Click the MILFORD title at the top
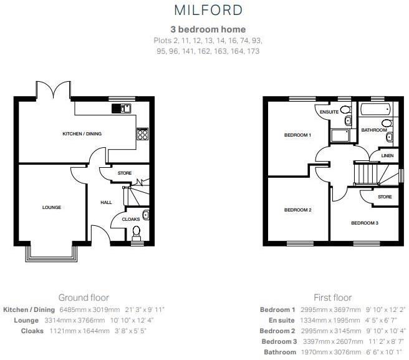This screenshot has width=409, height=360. click(x=208, y=11)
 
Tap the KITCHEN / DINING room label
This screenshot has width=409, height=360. click(x=82, y=134)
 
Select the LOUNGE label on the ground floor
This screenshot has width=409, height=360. click(x=52, y=207)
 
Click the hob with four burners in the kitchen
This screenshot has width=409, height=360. click(x=143, y=133)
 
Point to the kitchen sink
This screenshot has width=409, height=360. click(x=122, y=109)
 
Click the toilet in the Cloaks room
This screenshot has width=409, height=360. click(x=137, y=233)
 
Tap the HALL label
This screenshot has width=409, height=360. click(x=106, y=202)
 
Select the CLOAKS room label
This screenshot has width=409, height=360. click(x=131, y=219)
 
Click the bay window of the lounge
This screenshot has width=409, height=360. click(x=52, y=252)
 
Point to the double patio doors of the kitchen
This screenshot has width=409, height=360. click(x=53, y=90)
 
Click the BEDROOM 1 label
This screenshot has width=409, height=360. click(x=297, y=135)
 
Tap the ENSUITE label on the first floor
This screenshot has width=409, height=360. click(x=329, y=112)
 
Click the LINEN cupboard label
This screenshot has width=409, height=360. click(x=387, y=155)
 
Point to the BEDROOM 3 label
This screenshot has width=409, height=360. click(x=364, y=223)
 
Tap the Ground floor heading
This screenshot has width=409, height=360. click(x=84, y=298)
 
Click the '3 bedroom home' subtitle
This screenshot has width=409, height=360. click(x=208, y=29)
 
